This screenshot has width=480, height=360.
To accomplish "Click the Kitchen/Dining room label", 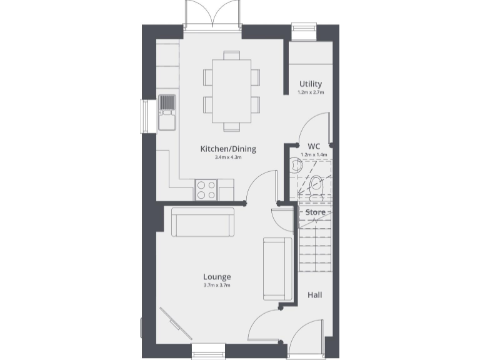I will click(x=227, y=149).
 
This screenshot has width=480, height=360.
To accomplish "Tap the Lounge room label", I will click(x=217, y=276).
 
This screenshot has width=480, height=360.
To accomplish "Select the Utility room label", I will click(x=311, y=84).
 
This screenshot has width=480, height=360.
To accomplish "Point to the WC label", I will click(x=314, y=146).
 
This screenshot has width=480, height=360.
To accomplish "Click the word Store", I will click(x=315, y=212).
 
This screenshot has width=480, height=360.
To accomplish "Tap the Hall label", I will click(x=315, y=294).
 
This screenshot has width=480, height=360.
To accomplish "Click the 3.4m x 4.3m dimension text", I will click(x=227, y=157).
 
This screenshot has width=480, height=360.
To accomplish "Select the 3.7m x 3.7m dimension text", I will click(x=217, y=286).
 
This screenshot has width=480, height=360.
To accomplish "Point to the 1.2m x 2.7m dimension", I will click(x=311, y=92).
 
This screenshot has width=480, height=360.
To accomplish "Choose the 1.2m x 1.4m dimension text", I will click(x=314, y=154).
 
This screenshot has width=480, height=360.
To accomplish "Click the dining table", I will click(x=231, y=91).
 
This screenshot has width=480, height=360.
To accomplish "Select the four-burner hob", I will click(x=206, y=189).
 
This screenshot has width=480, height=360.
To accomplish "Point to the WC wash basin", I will click(x=296, y=166).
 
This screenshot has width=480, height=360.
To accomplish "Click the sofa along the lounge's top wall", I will click(x=202, y=222).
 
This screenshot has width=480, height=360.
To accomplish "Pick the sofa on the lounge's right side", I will click(x=277, y=267).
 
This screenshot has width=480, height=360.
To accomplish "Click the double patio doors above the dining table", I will click(x=212, y=14).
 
